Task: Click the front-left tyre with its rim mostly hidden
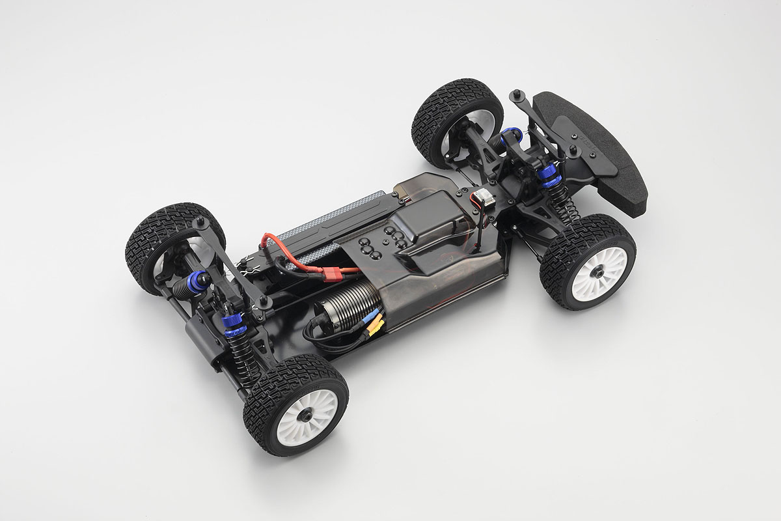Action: click(x=449, y=120)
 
